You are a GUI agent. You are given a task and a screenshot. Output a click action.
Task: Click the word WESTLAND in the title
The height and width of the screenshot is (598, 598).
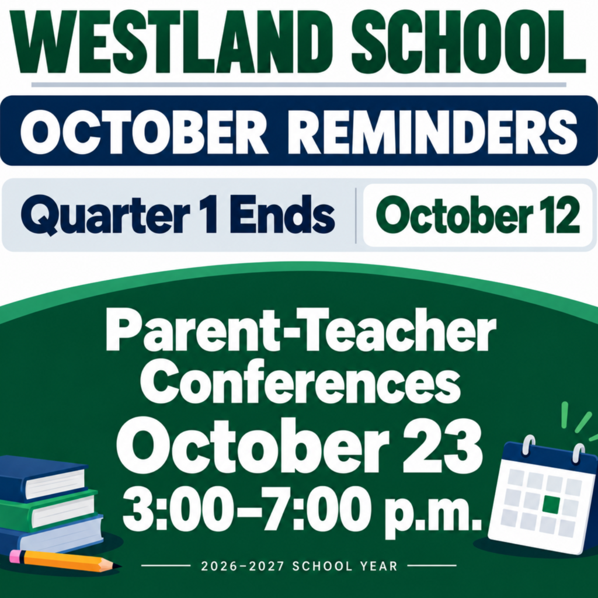coord(173,42)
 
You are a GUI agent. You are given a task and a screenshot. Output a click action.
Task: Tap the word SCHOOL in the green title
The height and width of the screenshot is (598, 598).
coord(468,42)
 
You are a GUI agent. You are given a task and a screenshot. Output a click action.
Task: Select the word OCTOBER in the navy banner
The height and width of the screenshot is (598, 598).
coord(144,131)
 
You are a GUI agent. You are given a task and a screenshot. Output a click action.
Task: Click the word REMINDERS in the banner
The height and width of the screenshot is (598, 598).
coord(432,131)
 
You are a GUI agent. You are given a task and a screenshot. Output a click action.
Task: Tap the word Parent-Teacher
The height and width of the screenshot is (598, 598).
coord(301,331)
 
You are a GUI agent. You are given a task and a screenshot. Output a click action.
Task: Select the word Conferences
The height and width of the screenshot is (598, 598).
coord(301,382)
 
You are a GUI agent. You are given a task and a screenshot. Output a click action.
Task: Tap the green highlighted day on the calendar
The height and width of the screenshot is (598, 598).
coord(551,504)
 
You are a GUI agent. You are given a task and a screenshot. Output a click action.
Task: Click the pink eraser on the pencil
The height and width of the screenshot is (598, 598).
coord(17,556)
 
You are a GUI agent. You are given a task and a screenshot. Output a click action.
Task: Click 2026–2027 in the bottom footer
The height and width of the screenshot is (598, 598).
coord(242,566)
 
